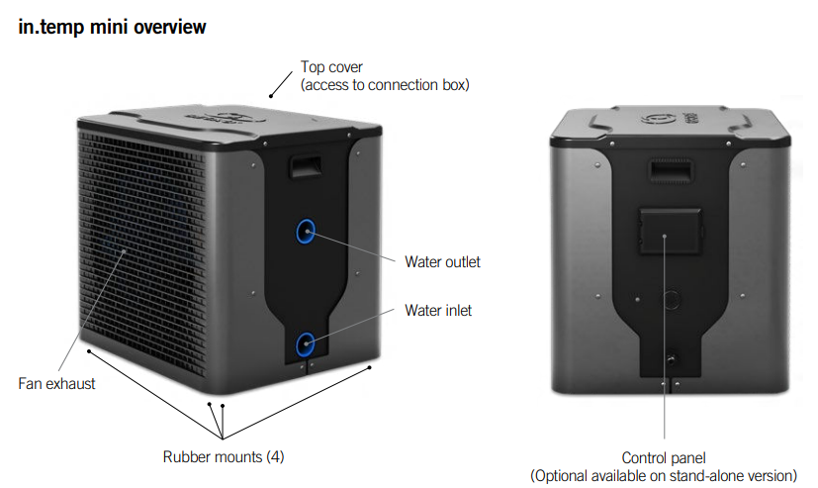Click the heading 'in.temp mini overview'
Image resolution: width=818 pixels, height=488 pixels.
pyautogui.click(x=113, y=27)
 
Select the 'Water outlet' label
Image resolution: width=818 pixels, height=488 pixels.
pyautogui.click(x=442, y=262)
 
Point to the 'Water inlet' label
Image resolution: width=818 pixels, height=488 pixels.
pyautogui.click(x=438, y=311)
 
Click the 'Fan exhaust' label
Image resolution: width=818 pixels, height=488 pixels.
pyautogui.click(x=57, y=382)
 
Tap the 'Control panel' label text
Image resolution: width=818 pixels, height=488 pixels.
pyautogui.click(x=663, y=457)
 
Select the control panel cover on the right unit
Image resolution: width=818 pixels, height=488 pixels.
pyautogui.click(x=665, y=233)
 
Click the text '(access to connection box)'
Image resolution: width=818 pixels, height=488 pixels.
pyautogui.click(x=385, y=84)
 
